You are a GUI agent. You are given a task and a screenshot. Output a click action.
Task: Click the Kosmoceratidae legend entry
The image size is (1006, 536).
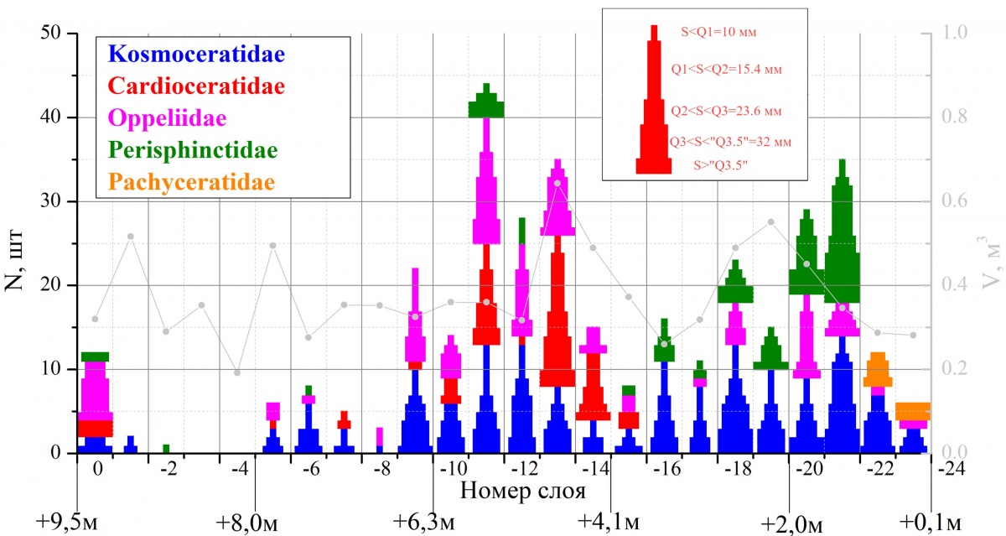pyautogui.click(x=197, y=56)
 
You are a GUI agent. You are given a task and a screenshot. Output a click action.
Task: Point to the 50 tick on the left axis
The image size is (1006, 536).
pyautogui.click(x=52, y=34)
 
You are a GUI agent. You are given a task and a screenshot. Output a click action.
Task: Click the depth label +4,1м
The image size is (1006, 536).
pyautogui.click(x=609, y=523)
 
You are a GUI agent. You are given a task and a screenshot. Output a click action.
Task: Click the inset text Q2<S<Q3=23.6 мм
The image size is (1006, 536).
pyautogui.click(x=727, y=111)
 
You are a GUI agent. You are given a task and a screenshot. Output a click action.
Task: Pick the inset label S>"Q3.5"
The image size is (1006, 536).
pyautogui.click(x=720, y=165)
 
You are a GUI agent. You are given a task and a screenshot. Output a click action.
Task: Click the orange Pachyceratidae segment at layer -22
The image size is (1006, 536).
pyautogui.click(x=878, y=367)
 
